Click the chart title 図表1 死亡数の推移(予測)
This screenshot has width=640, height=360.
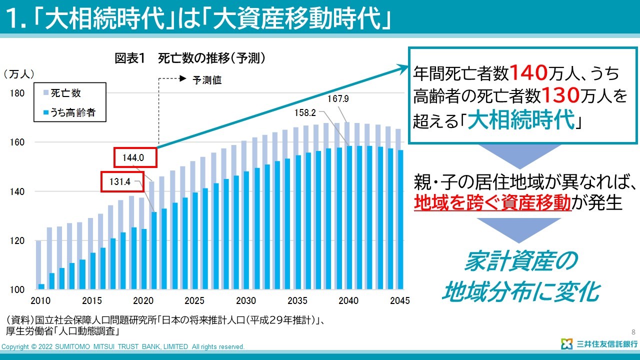point(190,58)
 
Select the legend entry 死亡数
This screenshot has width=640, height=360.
point(65,93)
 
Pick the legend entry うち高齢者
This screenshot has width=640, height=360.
point(72,113)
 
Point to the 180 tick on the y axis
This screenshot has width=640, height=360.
point(17,93)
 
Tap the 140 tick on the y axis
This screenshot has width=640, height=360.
point(17,192)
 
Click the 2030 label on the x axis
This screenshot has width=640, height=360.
point(245,301)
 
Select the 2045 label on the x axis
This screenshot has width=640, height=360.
point(399,301)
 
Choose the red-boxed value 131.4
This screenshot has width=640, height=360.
point(119,182)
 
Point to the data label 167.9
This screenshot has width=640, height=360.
point(338,99)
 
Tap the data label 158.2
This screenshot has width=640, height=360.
point(305,113)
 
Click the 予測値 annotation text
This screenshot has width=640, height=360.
point(207,79)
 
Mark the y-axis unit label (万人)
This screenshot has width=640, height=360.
point(19,74)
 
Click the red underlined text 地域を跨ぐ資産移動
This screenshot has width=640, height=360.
point(492,202)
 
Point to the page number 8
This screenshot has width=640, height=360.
point(633,332)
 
